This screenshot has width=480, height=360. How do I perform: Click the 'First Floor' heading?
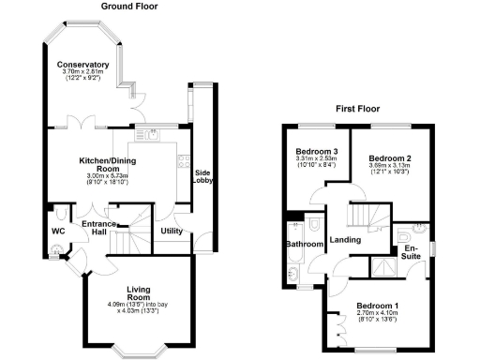357,110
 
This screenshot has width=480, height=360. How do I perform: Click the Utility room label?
171,230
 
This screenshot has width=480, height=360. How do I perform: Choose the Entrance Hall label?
98,228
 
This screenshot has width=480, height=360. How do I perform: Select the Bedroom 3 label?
316,151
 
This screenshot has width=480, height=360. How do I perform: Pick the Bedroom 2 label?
389,157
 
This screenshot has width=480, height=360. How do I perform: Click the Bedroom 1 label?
377,307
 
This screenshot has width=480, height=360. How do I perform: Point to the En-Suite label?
410,252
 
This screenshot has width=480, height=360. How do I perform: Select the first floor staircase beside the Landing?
362,216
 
